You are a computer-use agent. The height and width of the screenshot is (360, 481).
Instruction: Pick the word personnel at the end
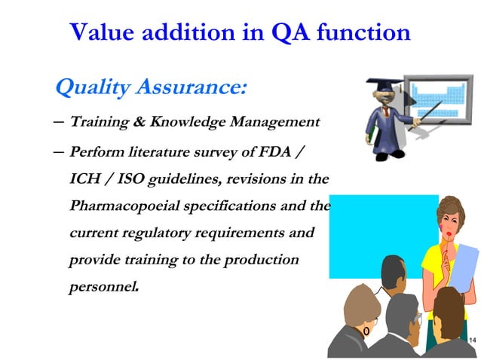pos(103,286)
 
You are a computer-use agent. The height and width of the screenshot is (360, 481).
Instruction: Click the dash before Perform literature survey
pos(60,151)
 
